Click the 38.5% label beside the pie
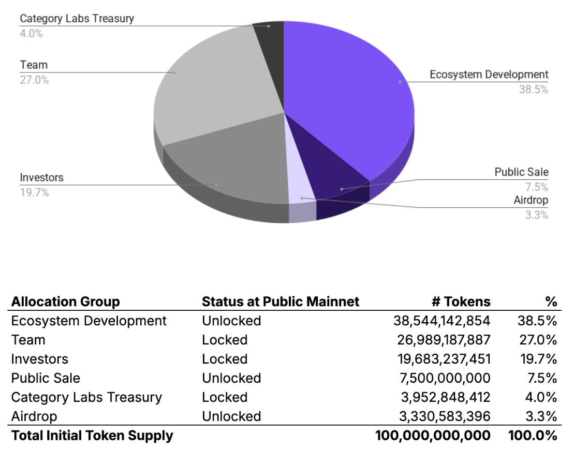click(533, 89)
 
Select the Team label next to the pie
click(34, 65)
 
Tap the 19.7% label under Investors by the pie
click(34, 192)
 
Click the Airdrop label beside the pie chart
click(531, 200)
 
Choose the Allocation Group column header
click(65, 301)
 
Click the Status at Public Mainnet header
click(280, 301)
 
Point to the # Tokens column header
click(461, 301)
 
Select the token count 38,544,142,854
click(441, 321)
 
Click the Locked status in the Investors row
click(225, 359)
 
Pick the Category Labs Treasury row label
click(86, 397)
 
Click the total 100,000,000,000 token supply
click(433, 436)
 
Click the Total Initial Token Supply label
click(92, 436)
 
